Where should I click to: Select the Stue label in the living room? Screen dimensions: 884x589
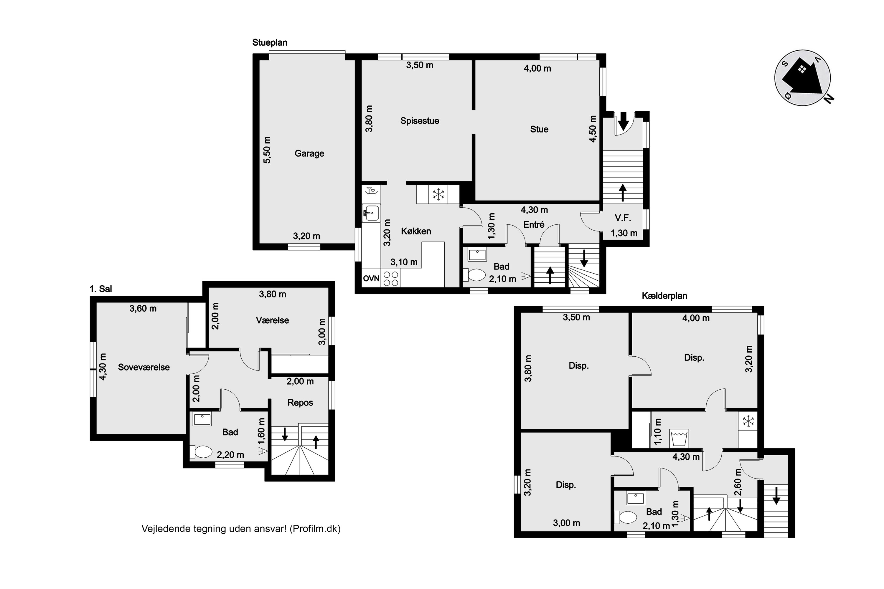[539, 129]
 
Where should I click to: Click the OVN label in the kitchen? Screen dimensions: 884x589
[371, 279]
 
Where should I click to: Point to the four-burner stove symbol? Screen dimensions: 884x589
[391, 278]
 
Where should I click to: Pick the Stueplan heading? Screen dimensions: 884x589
[270, 42]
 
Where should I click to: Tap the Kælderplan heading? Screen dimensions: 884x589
[664, 296]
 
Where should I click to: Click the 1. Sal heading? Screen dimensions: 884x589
[101, 289]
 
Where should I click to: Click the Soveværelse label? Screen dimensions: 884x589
[144, 367]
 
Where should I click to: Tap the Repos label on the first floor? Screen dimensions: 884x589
[300, 403]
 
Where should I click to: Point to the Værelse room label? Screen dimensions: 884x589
[272, 320]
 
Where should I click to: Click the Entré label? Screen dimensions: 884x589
[534, 225]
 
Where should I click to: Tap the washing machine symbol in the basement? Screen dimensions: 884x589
[679, 438]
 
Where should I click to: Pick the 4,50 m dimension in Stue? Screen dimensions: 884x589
[593, 129]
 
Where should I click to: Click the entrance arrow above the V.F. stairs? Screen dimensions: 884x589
[624, 120]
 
